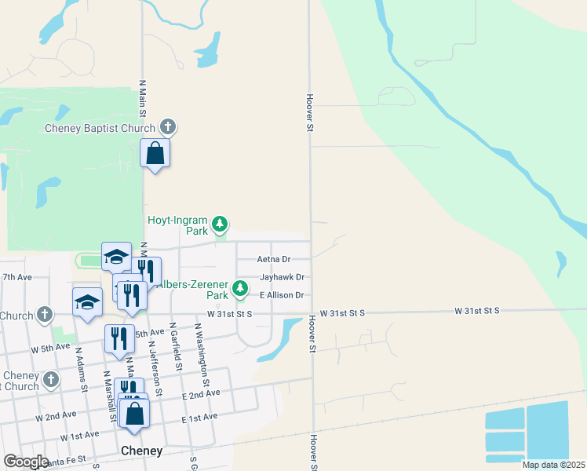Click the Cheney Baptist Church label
point(100,129)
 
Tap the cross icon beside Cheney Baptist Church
point(167,126)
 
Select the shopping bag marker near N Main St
point(155,152)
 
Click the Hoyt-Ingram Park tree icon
point(221,225)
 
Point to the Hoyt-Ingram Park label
point(179,225)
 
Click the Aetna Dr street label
point(274,259)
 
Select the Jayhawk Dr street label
point(282,277)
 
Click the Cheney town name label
point(142,451)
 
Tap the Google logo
point(26,462)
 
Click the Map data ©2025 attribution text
point(552,465)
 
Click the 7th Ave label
point(16,277)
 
